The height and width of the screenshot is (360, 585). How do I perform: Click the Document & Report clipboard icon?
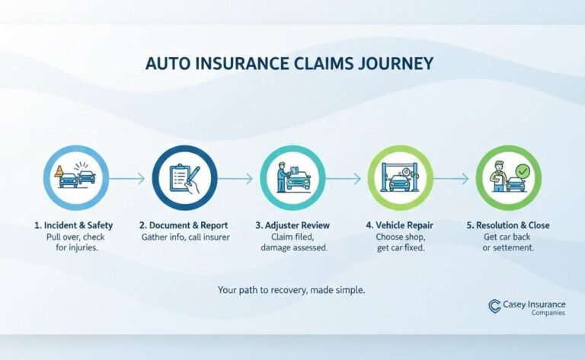coord(184,178)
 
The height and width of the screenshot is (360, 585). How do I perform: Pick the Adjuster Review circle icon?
coord(292,178)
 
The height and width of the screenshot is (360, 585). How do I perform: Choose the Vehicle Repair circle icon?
coord(400,178)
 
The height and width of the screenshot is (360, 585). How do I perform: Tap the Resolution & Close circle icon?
coord(508,178)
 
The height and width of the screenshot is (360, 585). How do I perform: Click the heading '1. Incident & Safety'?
coord(74,225)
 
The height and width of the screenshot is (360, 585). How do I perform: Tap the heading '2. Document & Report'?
coord(184,225)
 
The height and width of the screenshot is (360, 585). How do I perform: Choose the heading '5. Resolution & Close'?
coord(508,225)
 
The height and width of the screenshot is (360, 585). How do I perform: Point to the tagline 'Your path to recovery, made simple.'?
coord(292,289)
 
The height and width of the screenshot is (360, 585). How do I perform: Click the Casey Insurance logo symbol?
coord(494,306)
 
